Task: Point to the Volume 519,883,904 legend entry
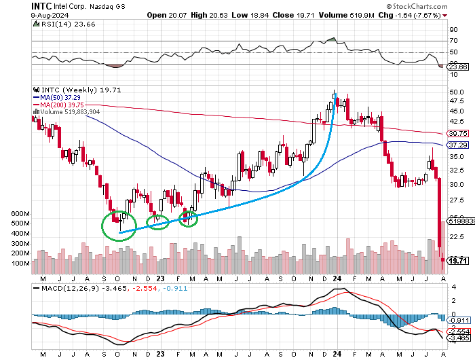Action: click(x=71, y=112)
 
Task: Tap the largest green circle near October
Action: click(x=119, y=226)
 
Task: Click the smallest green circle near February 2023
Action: click(x=187, y=218)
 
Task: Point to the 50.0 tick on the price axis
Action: click(x=457, y=92)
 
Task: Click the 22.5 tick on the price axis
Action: click(x=457, y=236)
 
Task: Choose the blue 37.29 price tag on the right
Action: click(x=458, y=145)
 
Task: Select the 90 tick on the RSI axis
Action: click(x=453, y=30)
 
